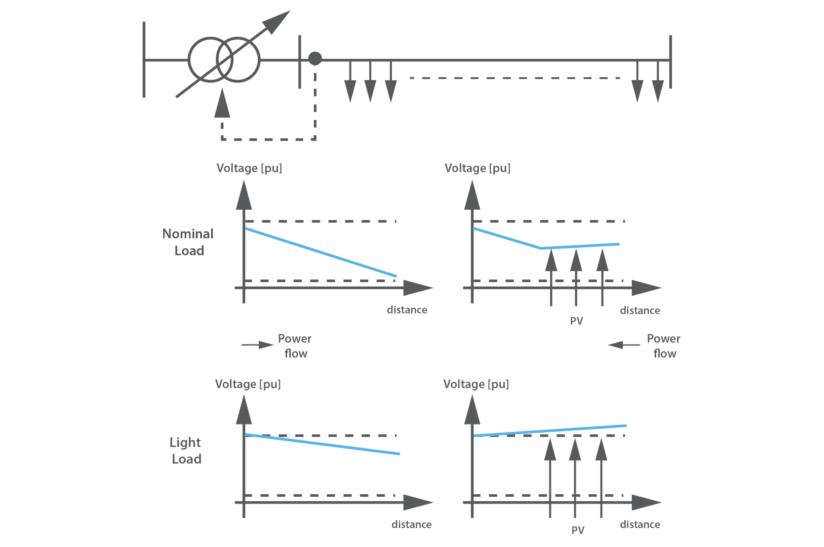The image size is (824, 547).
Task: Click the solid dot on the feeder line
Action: point(315,59)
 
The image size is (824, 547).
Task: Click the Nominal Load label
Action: point(188,242)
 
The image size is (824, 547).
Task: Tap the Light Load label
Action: point(185,450)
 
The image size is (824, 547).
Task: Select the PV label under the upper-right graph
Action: point(576,321)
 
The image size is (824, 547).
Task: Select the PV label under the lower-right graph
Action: point(577,530)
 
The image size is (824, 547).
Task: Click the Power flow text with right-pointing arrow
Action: point(295,346)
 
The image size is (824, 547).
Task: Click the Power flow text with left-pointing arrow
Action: point(663,346)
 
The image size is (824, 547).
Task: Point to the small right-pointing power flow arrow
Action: point(258,345)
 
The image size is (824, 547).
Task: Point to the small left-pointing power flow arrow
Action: point(624,345)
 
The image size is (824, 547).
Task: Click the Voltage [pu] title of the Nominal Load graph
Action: point(249,168)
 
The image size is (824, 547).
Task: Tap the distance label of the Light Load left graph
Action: point(411,524)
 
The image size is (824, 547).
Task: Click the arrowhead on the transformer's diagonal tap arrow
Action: point(277,22)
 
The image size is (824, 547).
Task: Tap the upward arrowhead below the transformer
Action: point(222,103)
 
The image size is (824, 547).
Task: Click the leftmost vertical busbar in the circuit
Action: point(144,60)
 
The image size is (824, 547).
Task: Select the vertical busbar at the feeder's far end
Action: point(670,62)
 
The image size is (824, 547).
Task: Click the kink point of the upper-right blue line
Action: point(541,248)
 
